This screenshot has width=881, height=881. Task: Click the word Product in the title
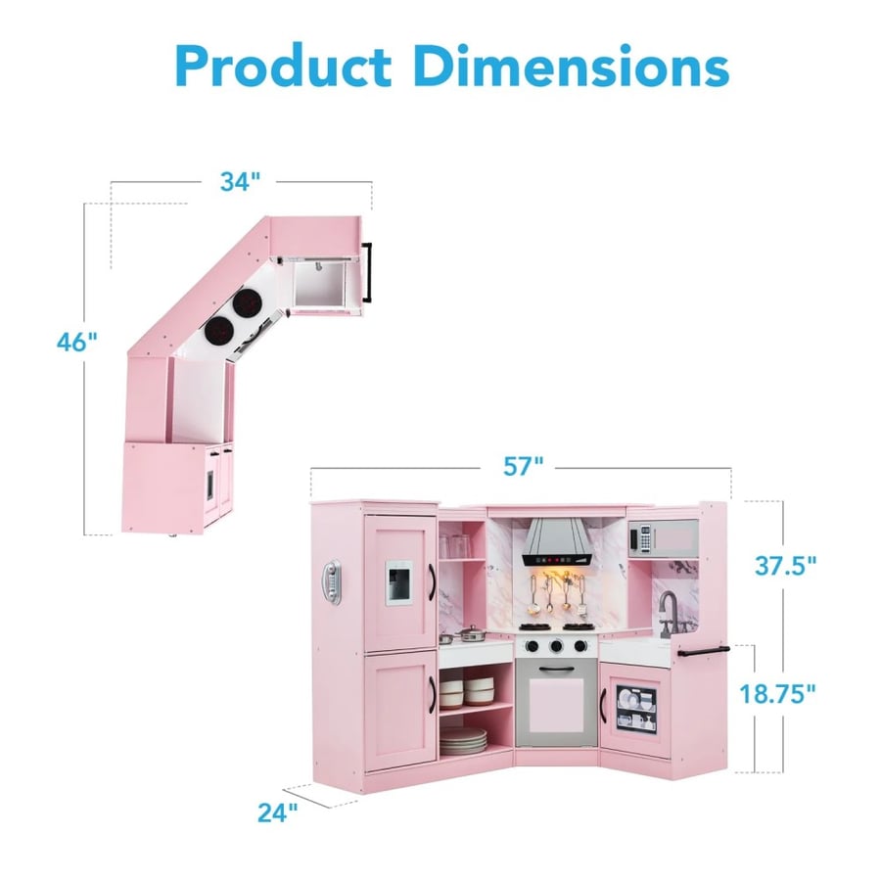tap(283, 66)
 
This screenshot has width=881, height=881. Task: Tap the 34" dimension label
tap(240, 181)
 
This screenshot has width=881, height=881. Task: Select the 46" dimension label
tap(77, 342)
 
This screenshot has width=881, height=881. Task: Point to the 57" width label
tap(523, 466)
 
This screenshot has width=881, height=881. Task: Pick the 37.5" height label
tap(785, 566)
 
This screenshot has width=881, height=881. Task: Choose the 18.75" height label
tap(776, 694)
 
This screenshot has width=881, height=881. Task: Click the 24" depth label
tap(278, 812)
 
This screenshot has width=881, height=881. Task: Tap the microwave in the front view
tap(663, 538)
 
